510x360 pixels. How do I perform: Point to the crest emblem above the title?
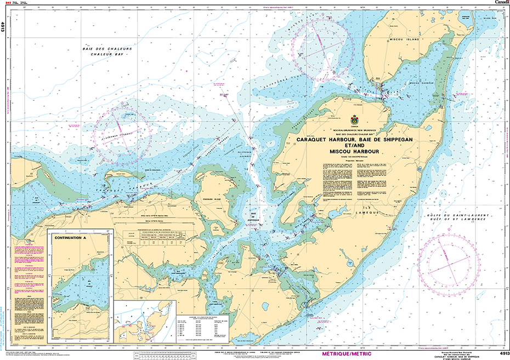(x=353, y=119)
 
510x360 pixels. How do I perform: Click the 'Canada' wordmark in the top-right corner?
(x=502, y=3)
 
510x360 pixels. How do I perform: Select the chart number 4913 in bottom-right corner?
(x=502, y=353)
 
